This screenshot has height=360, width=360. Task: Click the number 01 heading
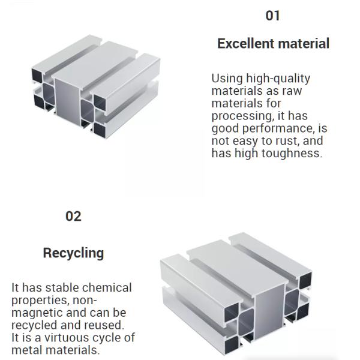pyautogui.click(x=273, y=16)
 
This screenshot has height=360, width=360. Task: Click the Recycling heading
pyautogui.click(x=73, y=253)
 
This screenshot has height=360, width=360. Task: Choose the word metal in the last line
pyautogui.click(x=26, y=350)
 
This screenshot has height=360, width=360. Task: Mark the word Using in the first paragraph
pyautogui.click(x=226, y=79)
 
